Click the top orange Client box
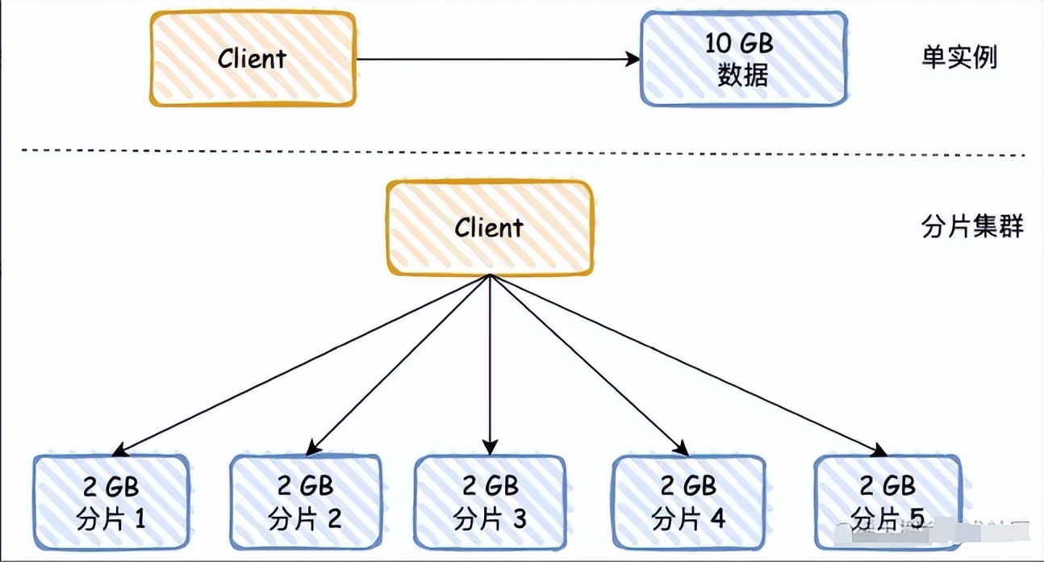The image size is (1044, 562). (252, 59)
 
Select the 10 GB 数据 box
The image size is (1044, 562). (743, 59)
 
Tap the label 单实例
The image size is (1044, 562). (959, 58)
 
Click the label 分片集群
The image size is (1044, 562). (971, 227)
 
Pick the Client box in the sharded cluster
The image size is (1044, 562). (489, 228)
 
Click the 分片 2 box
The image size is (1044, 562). (306, 502)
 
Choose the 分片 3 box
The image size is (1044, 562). (490, 502)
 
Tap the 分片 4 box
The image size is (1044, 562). (687, 502)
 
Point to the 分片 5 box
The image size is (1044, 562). (887, 502)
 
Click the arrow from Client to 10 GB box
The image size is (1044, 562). (496, 59)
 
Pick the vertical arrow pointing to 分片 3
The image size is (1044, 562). (490, 363)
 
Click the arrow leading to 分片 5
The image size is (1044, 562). (686, 363)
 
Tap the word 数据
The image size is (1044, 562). (743, 75)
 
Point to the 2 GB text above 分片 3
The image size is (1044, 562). (490, 486)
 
